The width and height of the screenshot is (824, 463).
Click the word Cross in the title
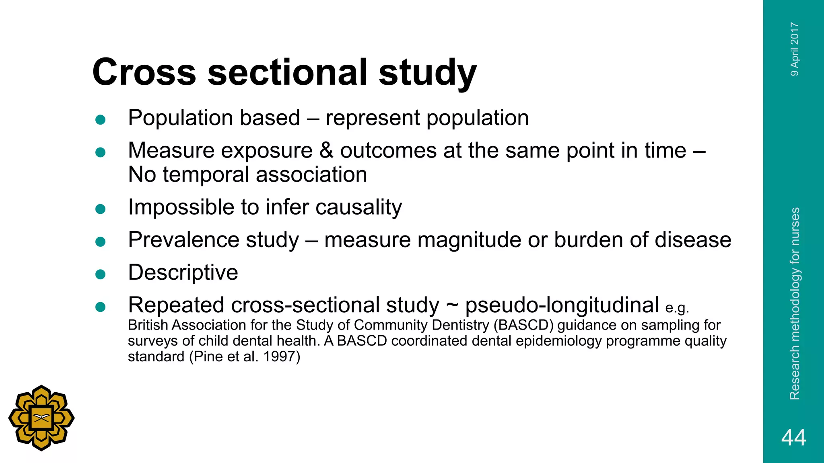144,72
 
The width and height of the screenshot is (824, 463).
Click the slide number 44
793,437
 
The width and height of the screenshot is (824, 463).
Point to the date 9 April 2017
795,49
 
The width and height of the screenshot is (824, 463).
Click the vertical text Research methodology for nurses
795,303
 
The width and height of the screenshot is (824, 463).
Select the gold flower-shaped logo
41,418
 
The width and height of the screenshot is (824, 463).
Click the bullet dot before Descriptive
100,274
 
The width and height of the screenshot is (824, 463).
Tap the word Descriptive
183,272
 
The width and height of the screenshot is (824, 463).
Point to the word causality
358,208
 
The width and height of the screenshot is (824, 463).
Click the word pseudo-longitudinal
562,305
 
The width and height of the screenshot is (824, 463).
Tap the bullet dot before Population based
100,119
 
